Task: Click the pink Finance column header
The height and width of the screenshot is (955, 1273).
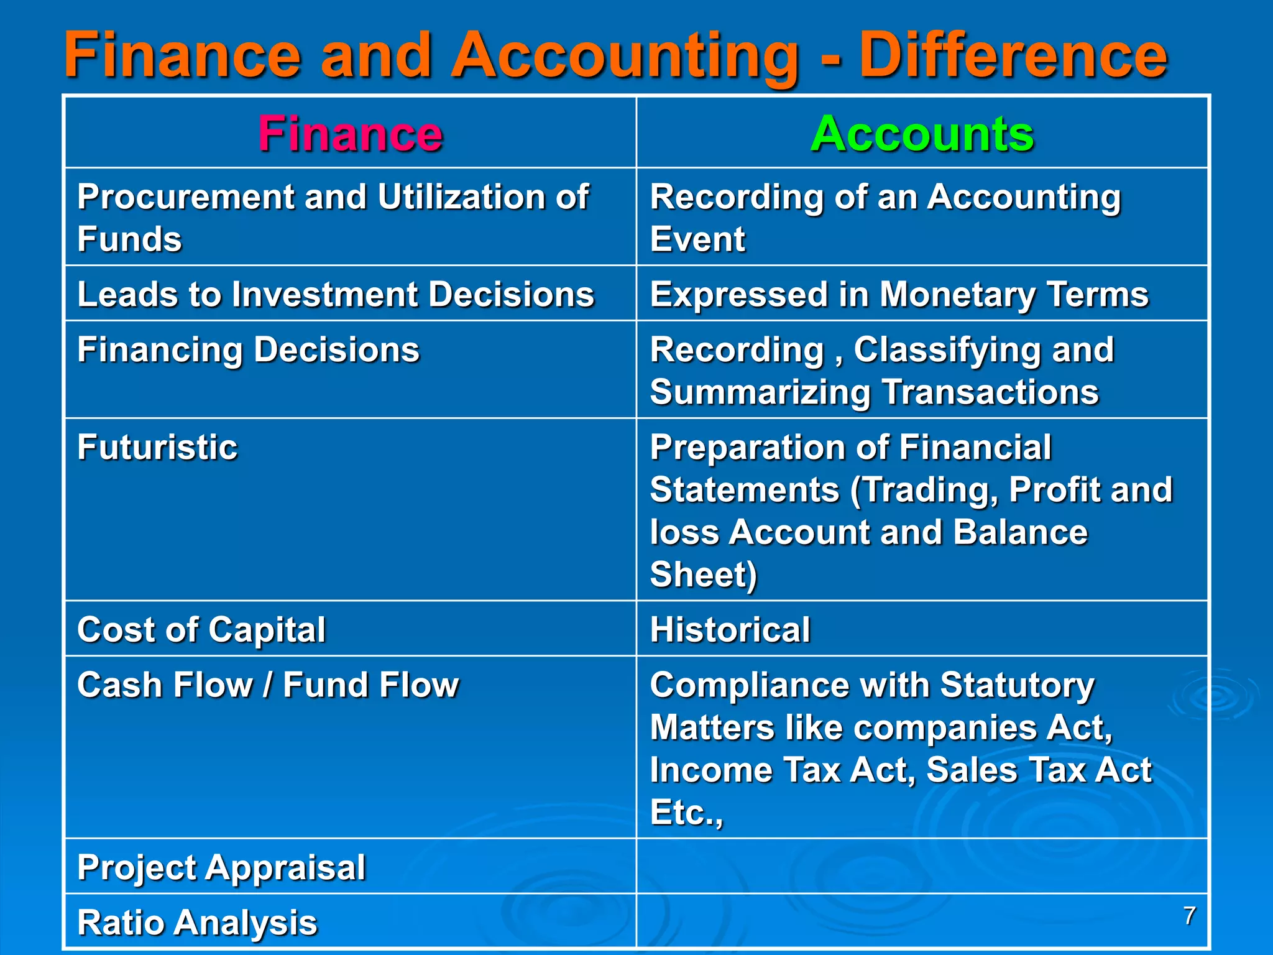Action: tap(350, 134)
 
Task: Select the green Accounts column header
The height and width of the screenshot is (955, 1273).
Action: tap(922, 134)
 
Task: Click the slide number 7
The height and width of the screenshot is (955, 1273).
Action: tap(1189, 916)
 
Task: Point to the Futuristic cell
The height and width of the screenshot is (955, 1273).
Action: tap(157, 447)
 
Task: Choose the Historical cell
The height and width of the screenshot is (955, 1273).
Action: tap(730, 629)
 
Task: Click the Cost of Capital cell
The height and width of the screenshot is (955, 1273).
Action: tap(201, 629)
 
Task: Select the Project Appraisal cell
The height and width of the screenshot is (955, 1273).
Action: tap(221, 867)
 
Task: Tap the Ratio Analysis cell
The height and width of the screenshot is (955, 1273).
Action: tap(197, 922)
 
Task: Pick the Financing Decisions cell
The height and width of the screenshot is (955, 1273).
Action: tap(248, 349)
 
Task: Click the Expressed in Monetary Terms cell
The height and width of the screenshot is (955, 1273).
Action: tap(899, 294)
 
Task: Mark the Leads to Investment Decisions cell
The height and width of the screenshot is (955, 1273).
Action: tap(336, 294)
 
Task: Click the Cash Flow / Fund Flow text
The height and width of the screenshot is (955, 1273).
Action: tap(268, 685)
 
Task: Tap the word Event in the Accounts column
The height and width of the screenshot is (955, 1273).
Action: tap(697, 239)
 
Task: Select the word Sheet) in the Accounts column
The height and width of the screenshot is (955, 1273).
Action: tap(703, 574)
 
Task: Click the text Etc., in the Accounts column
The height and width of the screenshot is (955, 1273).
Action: tap(686, 812)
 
